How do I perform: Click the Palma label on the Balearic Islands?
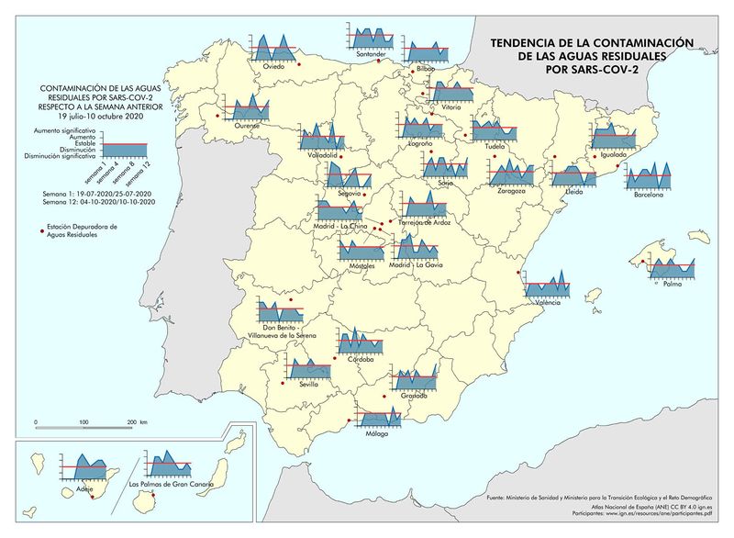673,285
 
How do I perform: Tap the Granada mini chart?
413,377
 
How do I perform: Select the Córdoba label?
361,359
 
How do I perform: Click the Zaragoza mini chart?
511,171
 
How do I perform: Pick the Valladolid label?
316,156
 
